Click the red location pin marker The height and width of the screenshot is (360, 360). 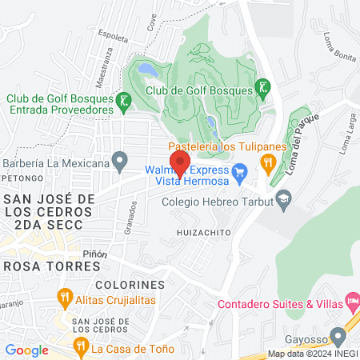point(180,162)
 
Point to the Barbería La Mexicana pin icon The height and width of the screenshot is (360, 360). point(120,163)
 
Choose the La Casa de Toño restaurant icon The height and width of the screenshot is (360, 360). point(79,347)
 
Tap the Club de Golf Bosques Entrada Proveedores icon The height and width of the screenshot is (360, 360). point(123,101)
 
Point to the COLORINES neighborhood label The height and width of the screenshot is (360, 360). point(129,285)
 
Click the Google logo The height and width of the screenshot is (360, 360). point(26,350)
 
